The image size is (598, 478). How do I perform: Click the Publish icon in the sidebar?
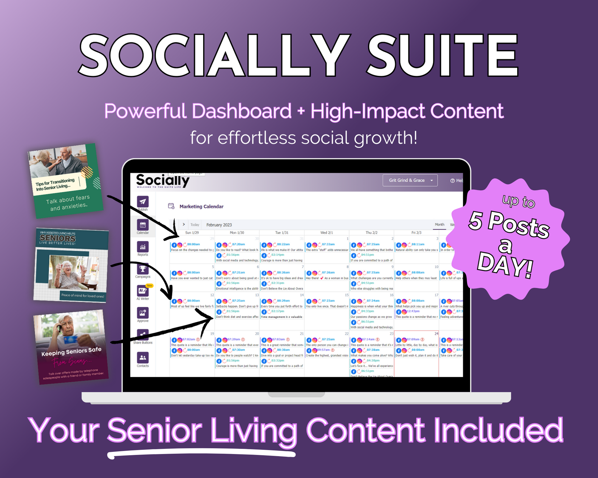(143, 202)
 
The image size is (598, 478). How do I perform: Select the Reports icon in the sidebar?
(143, 247)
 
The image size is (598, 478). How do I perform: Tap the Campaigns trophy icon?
(143, 269)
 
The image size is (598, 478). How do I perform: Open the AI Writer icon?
(143, 290)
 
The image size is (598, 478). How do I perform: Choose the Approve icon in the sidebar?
(143, 313)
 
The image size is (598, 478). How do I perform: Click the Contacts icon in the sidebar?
(143, 358)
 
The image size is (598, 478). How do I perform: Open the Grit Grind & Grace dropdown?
(410, 180)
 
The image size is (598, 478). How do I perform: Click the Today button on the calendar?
(195, 225)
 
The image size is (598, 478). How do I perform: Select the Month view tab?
(439, 224)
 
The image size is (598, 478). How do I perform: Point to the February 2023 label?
(219, 225)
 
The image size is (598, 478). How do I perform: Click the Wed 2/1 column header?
(326, 233)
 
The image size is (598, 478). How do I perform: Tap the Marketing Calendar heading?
(201, 207)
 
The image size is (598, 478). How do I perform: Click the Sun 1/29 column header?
(192, 233)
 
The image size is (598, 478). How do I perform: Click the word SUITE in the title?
(443, 55)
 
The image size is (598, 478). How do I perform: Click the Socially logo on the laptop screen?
(162, 181)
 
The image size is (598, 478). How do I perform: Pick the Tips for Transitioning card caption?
(55, 184)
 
